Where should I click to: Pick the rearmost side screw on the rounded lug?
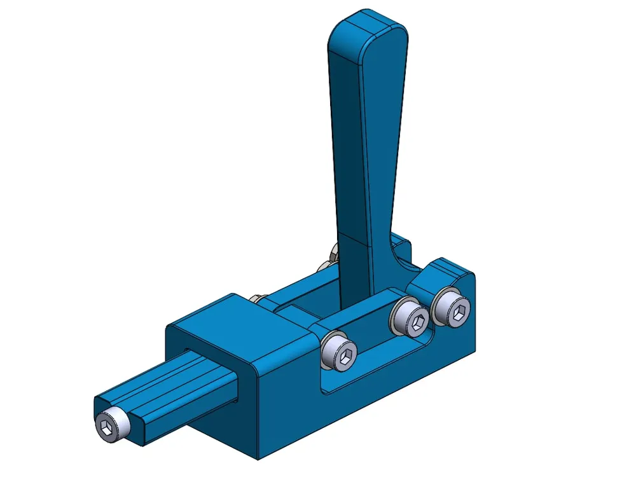tap(453, 308)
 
